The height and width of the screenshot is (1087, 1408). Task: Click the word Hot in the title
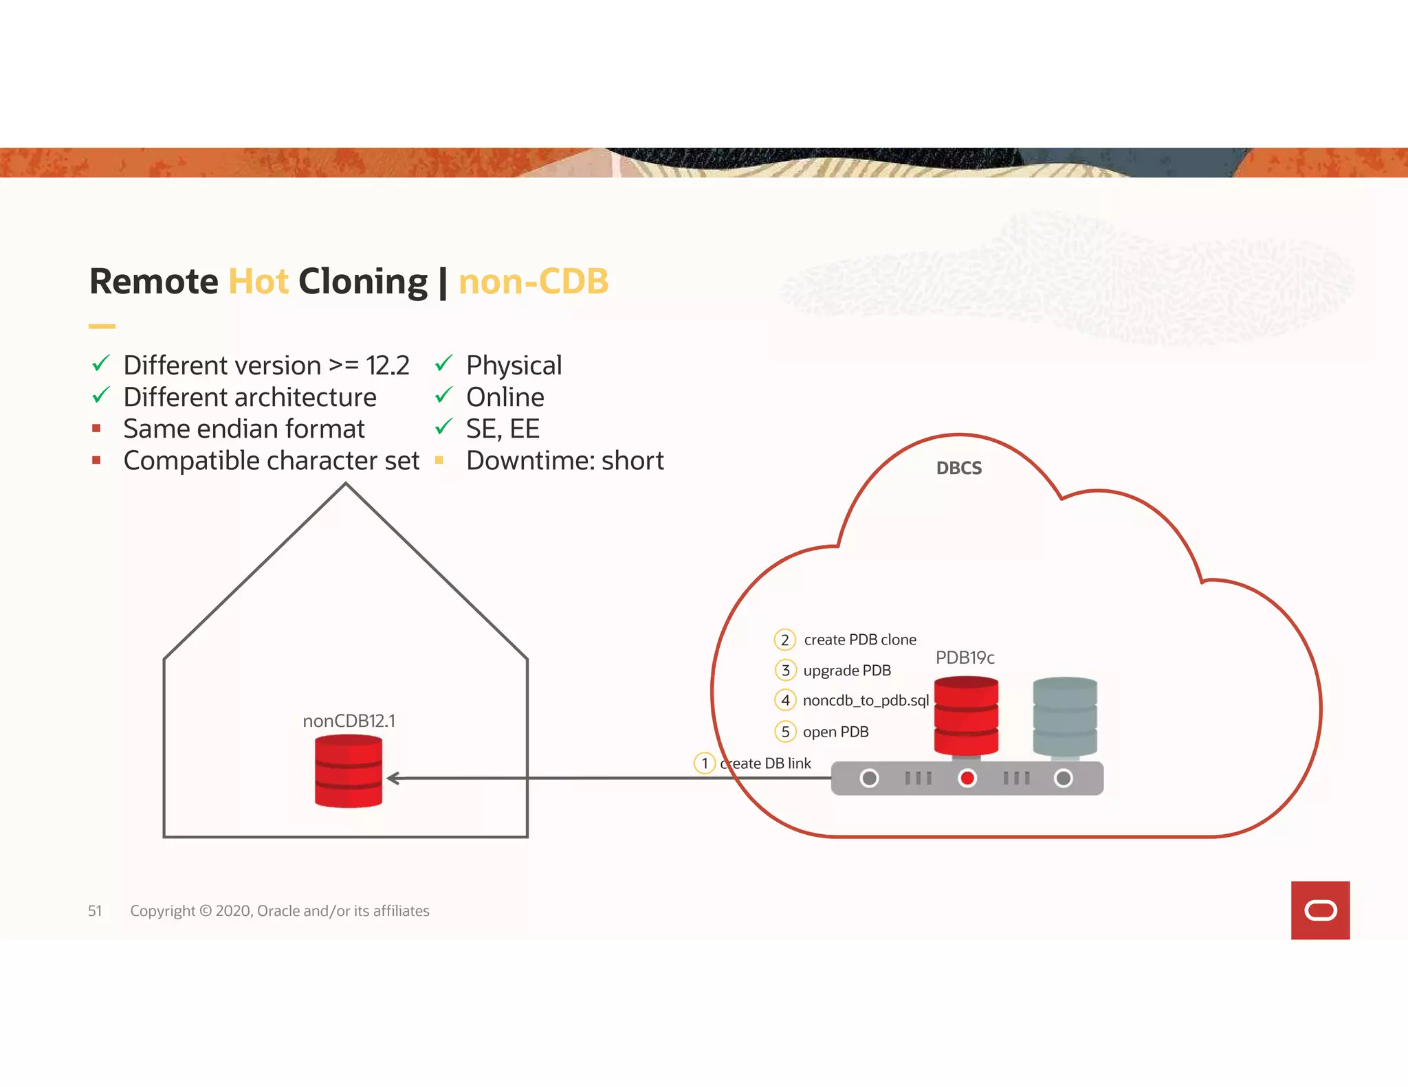[258, 282]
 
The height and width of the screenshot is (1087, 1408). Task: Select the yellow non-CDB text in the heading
[533, 282]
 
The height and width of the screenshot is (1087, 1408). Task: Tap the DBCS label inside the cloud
[958, 469]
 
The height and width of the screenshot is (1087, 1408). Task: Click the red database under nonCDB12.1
[349, 771]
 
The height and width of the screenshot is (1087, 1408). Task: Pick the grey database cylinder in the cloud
[1065, 717]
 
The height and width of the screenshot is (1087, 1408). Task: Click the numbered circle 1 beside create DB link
[705, 763]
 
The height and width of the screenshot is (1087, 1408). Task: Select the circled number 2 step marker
[784, 640]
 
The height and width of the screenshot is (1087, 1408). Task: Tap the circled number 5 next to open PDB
[785, 732]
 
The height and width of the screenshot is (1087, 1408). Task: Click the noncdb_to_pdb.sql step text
[866, 701]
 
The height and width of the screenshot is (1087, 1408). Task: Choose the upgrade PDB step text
[847, 671]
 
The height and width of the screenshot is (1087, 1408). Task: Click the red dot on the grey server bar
[967, 778]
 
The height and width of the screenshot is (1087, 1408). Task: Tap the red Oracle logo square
[1320, 910]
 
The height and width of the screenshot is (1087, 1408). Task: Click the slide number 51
[95, 911]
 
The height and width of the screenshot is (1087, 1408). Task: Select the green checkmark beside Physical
[444, 363]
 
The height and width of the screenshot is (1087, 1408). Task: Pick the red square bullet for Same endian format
[96, 429]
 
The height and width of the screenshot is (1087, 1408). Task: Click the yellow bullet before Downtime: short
[439, 460]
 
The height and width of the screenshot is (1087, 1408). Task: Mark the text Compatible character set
[272, 461]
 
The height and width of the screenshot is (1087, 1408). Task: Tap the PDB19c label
[965, 658]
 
